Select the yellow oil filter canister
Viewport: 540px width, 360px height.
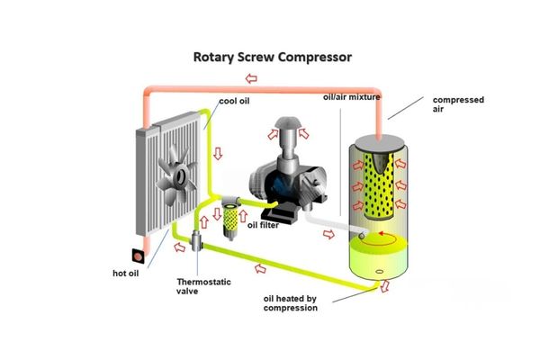coord(237,215)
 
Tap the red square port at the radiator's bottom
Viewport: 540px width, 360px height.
coord(139,255)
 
